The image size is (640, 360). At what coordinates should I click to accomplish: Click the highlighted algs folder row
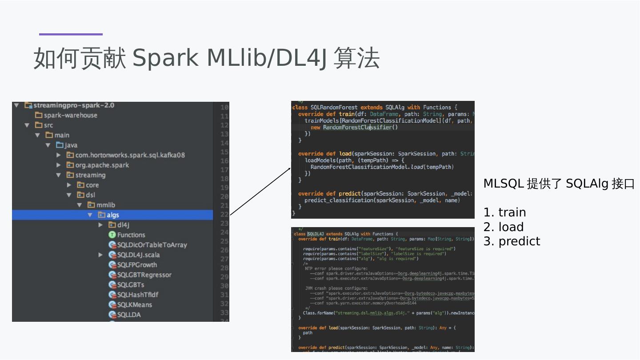112,215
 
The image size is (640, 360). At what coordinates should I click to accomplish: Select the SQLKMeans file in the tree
134,305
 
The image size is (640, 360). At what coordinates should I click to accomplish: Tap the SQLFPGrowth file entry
137,265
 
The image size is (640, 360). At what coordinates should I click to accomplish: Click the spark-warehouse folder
70,115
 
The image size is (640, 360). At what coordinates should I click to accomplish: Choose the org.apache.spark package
102,165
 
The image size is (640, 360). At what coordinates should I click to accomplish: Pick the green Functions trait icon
112,235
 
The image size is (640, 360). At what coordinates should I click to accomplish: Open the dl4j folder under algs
123,225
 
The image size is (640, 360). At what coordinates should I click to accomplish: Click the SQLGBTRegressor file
144,275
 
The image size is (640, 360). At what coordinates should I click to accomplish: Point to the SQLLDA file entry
129,315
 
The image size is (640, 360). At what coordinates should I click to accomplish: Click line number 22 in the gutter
224,214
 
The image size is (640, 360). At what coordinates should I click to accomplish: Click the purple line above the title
71,34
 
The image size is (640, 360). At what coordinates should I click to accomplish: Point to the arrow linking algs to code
260,192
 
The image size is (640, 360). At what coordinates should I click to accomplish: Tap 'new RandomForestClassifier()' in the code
354,128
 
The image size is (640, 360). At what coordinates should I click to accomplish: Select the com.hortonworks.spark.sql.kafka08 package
130,155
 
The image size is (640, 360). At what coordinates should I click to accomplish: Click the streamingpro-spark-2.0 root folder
74,105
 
